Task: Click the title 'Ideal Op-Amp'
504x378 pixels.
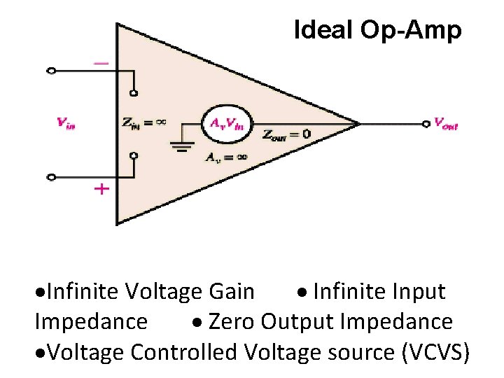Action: point(377,31)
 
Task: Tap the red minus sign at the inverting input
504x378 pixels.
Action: point(101,63)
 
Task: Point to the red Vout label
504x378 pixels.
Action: point(446,125)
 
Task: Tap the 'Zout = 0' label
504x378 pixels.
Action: point(287,134)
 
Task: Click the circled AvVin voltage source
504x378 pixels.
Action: point(224,124)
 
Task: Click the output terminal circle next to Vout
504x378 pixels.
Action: point(425,125)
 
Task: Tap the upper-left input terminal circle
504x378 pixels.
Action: point(50,71)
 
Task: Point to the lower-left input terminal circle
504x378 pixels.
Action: point(50,177)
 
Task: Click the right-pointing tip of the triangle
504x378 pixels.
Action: point(359,124)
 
